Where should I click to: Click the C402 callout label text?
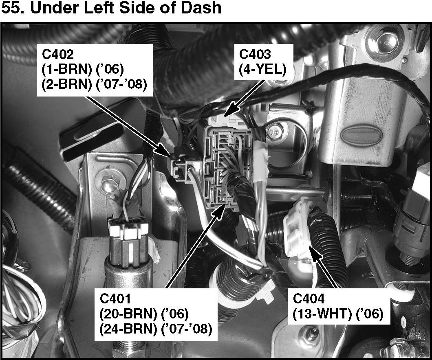[x=58, y=54]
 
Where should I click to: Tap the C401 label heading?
[x=116, y=299]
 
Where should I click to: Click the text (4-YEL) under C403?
[x=263, y=69]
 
